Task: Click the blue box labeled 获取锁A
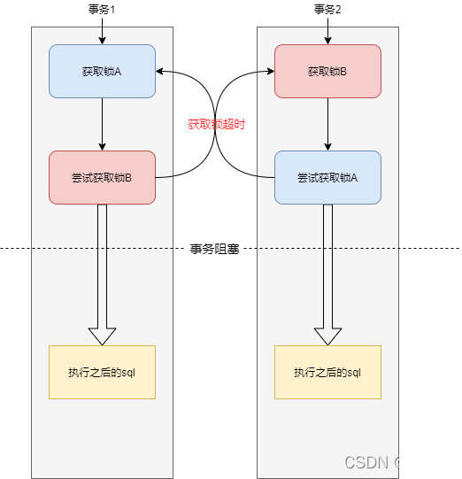point(102,71)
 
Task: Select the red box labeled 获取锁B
point(327,71)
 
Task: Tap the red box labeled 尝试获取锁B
point(102,177)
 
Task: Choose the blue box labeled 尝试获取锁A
point(327,177)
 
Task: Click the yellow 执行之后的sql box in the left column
point(102,372)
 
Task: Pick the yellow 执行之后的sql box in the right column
point(327,372)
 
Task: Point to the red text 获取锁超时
point(216,124)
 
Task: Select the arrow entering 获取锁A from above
point(102,35)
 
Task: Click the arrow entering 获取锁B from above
point(327,35)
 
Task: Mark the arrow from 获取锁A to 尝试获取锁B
point(102,124)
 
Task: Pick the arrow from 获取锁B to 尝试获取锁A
point(327,124)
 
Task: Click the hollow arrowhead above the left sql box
point(102,336)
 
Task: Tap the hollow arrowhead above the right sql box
point(327,336)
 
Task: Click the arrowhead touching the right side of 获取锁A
point(160,71)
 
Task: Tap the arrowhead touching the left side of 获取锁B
point(269,71)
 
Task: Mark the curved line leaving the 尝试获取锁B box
point(165,177)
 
